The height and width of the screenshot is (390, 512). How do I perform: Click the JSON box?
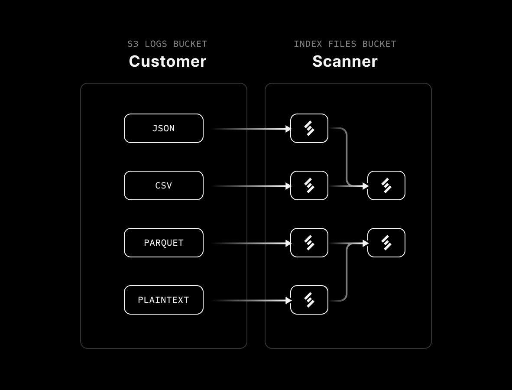tap(163, 128)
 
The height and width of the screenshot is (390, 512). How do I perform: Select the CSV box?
tap(163, 185)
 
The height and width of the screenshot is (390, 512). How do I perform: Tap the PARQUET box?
tap(163, 243)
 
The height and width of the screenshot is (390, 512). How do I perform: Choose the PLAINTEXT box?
tap(163, 300)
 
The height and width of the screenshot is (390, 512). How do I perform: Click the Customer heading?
tap(167, 62)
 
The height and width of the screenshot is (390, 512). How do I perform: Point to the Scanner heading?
tap(345, 62)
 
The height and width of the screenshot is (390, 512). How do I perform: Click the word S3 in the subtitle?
tap(133, 44)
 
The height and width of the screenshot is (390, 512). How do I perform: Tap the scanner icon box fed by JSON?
tap(309, 128)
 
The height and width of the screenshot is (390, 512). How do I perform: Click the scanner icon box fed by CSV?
tap(309, 185)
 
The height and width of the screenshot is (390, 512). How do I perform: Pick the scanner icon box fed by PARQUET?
tap(309, 243)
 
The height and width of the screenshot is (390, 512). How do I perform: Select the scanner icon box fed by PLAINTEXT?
tap(309, 300)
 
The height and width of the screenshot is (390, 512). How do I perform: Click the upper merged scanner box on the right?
tap(386, 185)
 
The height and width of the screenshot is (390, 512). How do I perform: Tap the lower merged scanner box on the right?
tap(386, 243)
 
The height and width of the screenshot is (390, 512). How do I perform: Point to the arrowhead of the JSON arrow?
tap(288, 129)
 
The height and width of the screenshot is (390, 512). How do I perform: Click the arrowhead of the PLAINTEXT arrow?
tap(288, 300)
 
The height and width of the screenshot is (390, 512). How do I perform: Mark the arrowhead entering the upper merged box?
tap(366, 186)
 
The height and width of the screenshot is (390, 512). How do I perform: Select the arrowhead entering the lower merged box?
tap(366, 244)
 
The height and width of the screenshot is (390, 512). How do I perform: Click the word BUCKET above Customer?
tap(190, 44)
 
